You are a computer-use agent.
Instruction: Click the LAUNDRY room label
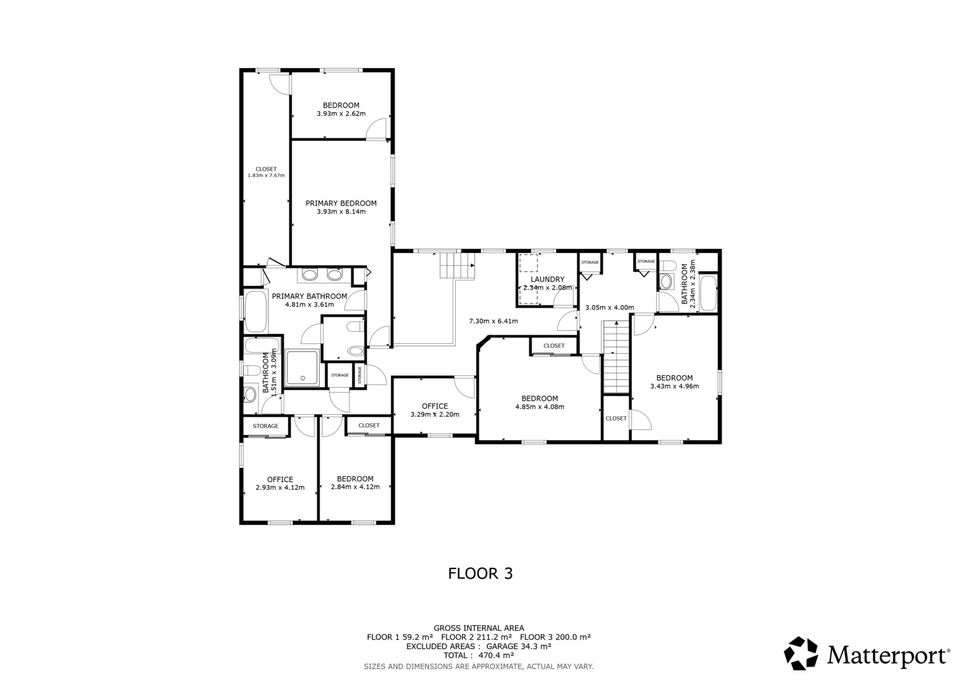(x=547, y=279)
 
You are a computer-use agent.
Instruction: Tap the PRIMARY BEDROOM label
(x=341, y=203)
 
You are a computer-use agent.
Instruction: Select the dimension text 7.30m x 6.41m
(x=493, y=321)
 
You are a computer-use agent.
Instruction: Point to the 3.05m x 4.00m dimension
(x=610, y=307)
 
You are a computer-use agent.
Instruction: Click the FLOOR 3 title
(x=481, y=574)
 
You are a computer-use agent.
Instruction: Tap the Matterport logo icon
(x=801, y=654)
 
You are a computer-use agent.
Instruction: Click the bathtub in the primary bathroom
(x=256, y=312)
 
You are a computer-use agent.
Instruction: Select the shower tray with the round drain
(x=303, y=368)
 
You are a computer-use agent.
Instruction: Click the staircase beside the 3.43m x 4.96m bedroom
(x=617, y=357)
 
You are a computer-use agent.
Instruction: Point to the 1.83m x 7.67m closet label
(x=266, y=172)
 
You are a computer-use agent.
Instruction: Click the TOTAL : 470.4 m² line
(x=479, y=655)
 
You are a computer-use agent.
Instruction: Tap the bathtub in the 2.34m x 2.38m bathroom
(x=708, y=293)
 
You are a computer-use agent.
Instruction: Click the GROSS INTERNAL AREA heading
(x=479, y=628)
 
